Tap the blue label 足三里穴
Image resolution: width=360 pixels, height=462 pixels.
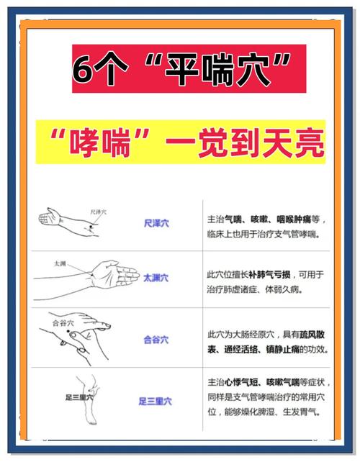tap(156, 401)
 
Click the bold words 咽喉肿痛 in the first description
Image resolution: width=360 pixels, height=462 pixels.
tap(294, 218)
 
